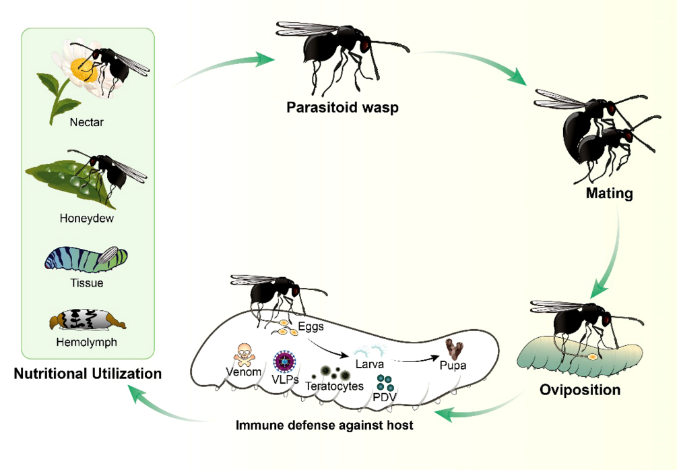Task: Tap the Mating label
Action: [609, 194]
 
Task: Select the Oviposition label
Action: [580, 389]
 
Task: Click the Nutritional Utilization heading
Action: [88, 373]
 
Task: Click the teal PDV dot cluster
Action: [385, 385]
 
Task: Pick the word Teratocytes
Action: [334, 386]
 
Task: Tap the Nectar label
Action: [87, 123]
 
